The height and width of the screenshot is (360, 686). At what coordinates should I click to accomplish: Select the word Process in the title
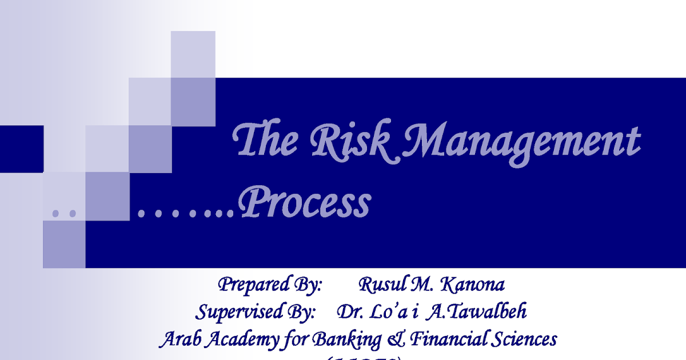tap(306, 204)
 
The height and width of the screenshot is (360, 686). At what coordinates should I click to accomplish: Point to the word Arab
tap(178, 340)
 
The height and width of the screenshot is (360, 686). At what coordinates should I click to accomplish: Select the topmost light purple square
tap(193, 54)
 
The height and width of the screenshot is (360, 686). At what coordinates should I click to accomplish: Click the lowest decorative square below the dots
tap(64, 244)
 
